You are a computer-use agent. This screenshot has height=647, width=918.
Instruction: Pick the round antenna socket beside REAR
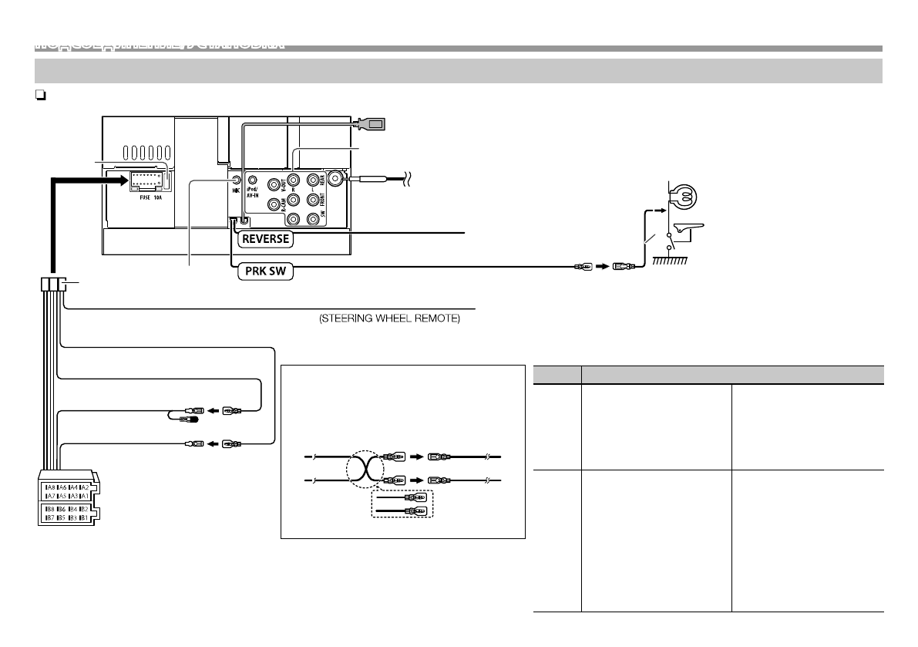coord(336,179)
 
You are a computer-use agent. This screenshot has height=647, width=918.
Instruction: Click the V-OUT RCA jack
coord(274,184)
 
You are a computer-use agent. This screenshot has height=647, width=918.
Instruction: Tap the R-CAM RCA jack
coord(274,204)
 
